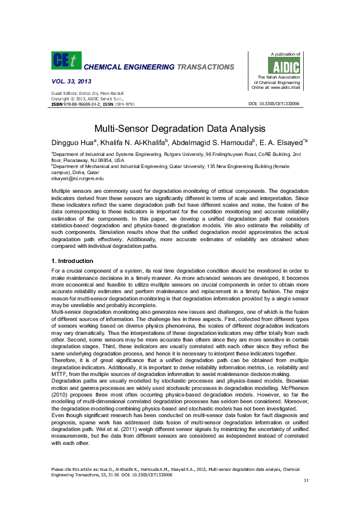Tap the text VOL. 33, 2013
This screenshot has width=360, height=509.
[71, 80]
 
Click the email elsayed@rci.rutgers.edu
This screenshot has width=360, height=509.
[78, 179]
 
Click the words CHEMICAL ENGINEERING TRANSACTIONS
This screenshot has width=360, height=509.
[159, 67]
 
